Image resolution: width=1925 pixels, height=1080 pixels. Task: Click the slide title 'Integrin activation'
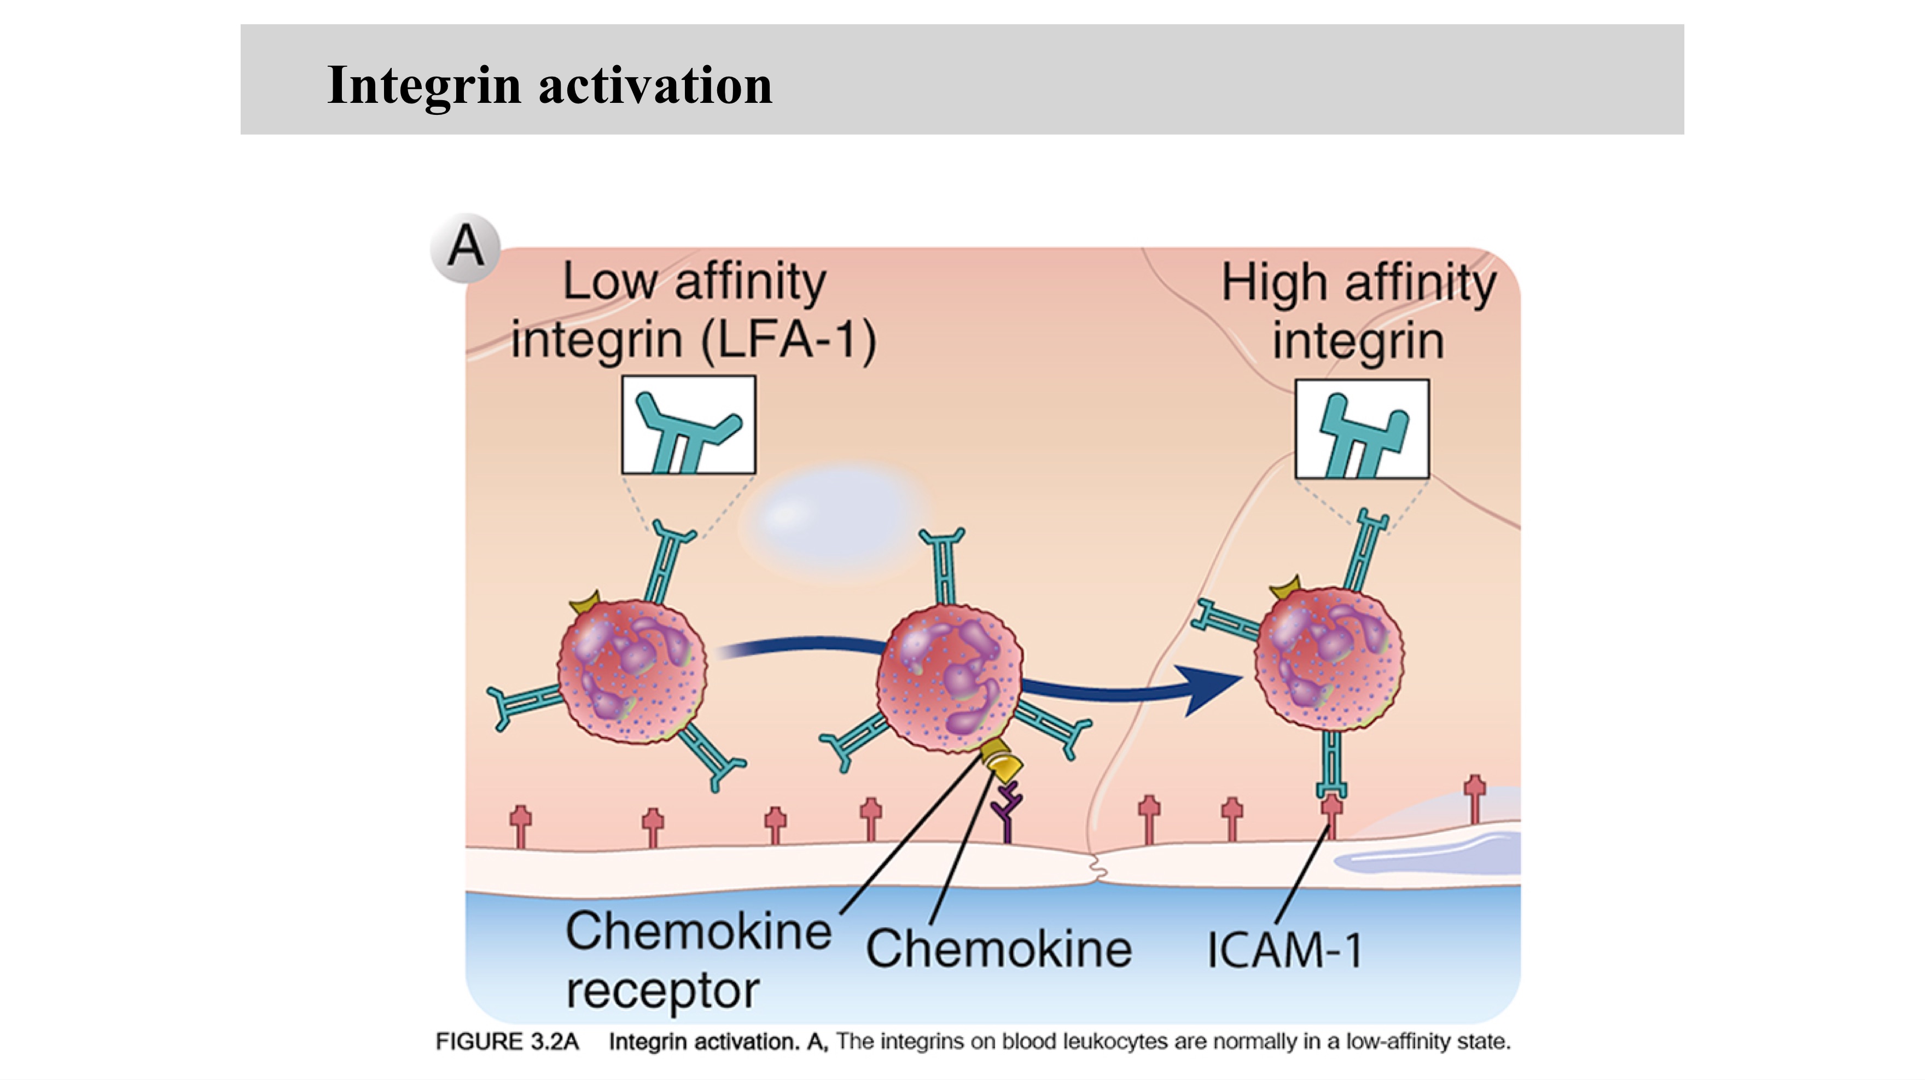coord(549,85)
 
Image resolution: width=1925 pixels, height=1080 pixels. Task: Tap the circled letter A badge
coord(466,247)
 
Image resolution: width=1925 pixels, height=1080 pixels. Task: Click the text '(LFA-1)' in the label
coord(788,340)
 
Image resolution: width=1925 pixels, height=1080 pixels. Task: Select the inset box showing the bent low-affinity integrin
coord(688,425)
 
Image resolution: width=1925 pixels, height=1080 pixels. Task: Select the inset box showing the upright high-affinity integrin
coord(1362,428)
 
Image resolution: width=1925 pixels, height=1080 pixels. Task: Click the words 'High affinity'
coord(1359,283)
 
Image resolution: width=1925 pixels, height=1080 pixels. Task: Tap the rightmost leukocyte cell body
coord(1329,658)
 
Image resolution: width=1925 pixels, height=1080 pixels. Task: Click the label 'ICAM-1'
coord(1284,951)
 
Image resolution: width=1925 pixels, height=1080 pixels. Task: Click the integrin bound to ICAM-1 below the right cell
coord(1331,764)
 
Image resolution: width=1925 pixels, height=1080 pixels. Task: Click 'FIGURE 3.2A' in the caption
coord(507,1041)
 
